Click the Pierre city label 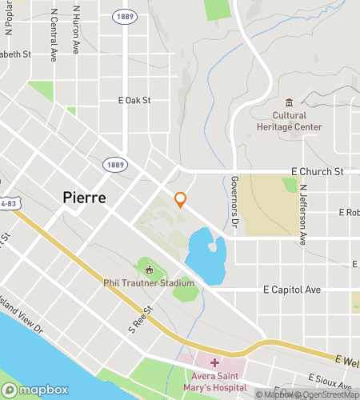pos(84,198)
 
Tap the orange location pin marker pos(181,199)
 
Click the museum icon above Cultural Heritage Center pos(289,102)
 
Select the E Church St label pos(317,171)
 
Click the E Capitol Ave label pos(290,290)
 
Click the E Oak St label pos(134,101)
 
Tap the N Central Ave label pos(54,36)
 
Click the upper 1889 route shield pos(124,16)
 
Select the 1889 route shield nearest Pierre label pos(114,164)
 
